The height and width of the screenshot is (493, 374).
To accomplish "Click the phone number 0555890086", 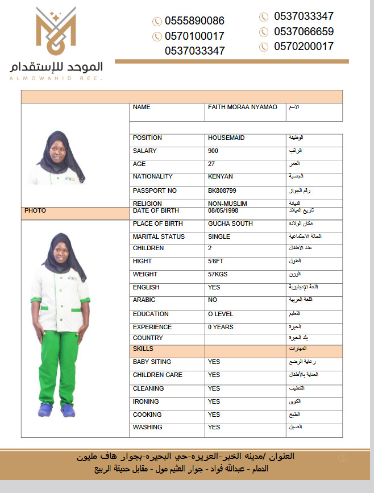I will [x=194, y=21].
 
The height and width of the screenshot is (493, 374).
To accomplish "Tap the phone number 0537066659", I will [x=304, y=31].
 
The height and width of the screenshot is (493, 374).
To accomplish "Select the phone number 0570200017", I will [x=304, y=46].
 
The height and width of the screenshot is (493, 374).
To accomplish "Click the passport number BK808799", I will [x=222, y=190].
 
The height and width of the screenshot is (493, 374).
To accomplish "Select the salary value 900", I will [x=213, y=151].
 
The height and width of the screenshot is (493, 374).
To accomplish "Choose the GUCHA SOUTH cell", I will [x=230, y=223].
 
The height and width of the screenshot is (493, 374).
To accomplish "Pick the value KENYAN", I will [x=221, y=176].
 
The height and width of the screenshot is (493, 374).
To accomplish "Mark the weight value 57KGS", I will [x=219, y=275].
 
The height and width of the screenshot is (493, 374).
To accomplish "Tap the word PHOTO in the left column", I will [x=35, y=210].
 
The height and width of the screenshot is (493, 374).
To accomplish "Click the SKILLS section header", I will [x=143, y=349].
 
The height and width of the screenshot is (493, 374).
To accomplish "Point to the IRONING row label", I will [x=146, y=401].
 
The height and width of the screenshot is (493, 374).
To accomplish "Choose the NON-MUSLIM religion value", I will [x=227, y=203].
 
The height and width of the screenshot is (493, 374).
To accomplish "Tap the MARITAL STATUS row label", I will [x=159, y=237].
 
